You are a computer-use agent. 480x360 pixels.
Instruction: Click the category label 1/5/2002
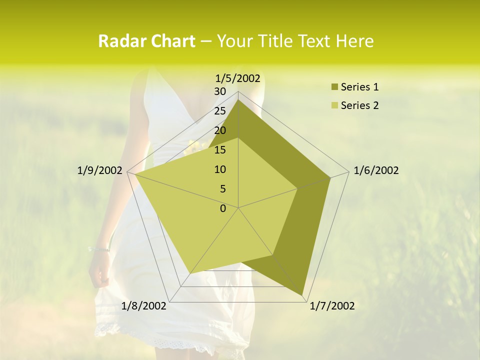point(238,78)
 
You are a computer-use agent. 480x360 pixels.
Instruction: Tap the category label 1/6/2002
point(376,170)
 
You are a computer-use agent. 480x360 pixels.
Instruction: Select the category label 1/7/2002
point(332,306)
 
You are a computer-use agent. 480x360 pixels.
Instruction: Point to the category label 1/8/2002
point(144,306)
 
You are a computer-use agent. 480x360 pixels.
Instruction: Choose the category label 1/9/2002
point(100,170)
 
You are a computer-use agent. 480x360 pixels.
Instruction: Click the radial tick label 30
point(220,91)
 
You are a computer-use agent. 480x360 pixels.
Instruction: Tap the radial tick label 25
point(220,111)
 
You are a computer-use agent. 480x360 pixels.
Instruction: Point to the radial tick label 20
point(220,130)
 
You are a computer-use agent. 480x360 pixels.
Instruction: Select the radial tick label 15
point(220,150)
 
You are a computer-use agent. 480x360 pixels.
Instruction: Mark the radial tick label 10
point(220,169)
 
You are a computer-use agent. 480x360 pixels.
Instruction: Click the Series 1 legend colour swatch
point(334,87)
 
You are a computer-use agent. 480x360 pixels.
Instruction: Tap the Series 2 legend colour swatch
point(334,105)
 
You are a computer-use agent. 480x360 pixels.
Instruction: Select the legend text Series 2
point(359,105)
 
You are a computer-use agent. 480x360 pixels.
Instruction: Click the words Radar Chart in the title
point(146,41)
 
